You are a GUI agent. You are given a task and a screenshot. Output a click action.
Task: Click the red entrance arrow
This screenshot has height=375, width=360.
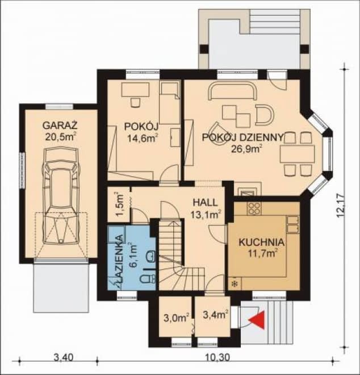coord(258,320)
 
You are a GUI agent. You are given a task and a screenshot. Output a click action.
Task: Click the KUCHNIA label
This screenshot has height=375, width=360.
coord(262,242)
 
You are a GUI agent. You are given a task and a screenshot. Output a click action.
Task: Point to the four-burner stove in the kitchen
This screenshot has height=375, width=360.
coord(254,209)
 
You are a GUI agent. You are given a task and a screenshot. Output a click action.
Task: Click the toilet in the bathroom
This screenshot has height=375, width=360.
coord(148,278)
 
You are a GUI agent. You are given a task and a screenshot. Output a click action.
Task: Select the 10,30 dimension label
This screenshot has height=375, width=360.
coord(217,357)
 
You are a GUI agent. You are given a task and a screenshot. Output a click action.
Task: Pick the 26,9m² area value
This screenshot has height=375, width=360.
coord(246,148)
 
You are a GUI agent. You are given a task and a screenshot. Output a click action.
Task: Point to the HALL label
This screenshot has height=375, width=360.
coord(206,203)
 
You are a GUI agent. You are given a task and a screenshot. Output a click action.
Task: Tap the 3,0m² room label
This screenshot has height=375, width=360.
coord(177,318)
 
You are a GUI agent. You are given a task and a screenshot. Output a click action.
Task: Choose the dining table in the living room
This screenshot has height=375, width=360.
coord(298,154)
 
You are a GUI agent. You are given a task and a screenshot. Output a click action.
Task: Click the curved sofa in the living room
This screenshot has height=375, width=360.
coord(233,91)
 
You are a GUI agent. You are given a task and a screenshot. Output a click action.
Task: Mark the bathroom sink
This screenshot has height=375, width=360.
coord(150,256)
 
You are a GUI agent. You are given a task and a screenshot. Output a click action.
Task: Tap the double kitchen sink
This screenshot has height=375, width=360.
coord(292,224)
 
